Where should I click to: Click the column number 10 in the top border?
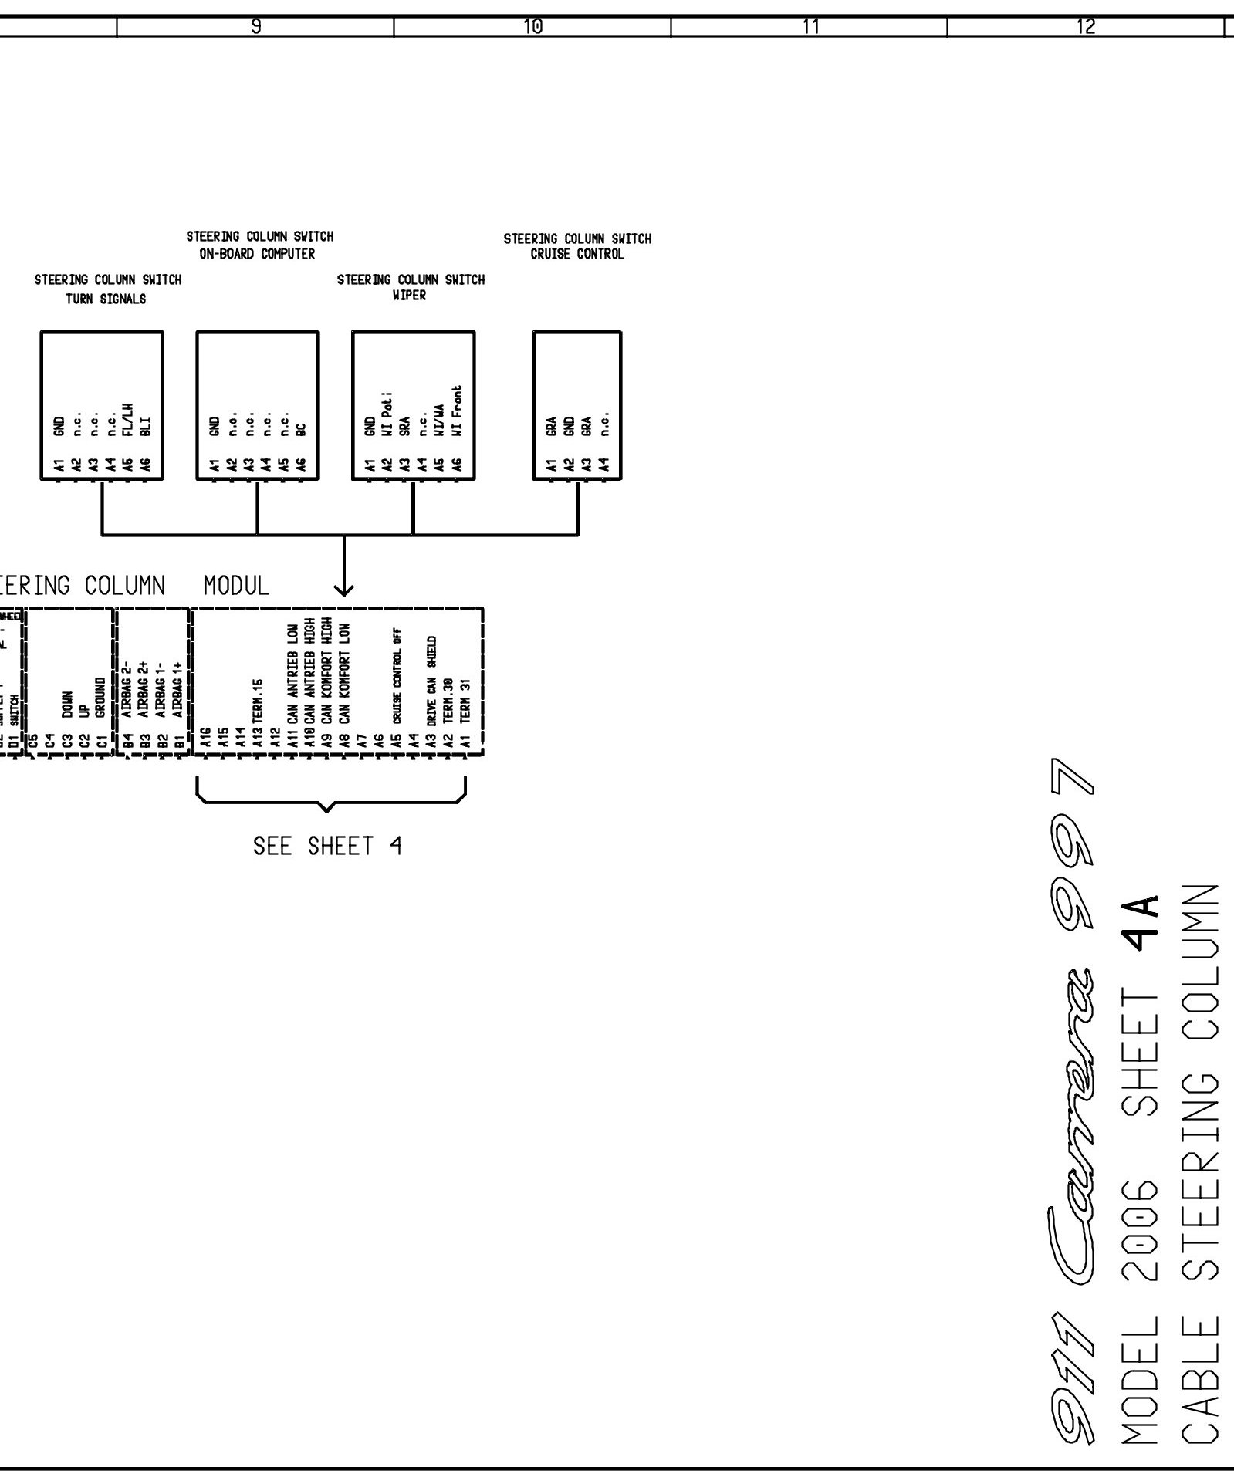pyautogui.click(x=532, y=27)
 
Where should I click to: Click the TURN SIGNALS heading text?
pyautogui.click(x=106, y=299)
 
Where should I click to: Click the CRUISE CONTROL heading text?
pyautogui.click(x=577, y=254)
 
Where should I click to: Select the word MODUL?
pyautogui.click(x=236, y=587)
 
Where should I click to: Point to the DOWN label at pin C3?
pyautogui.click(x=68, y=704)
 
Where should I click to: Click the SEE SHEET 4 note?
pyautogui.click(x=327, y=847)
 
